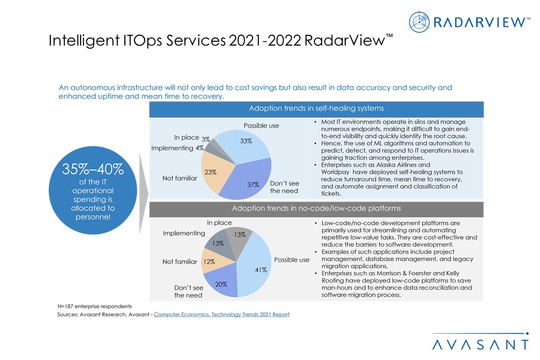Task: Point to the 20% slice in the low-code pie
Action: click(221, 281)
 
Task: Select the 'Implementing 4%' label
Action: click(177, 148)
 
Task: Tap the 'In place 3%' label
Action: click(192, 138)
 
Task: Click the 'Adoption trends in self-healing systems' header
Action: click(316, 109)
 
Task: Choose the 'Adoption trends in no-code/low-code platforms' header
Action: click(316, 208)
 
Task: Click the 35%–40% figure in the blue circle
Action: click(93, 170)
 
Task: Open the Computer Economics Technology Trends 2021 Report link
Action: click(221, 315)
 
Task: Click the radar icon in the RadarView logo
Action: click(419, 22)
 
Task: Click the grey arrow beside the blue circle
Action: click(143, 192)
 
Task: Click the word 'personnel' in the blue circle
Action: click(93, 217)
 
